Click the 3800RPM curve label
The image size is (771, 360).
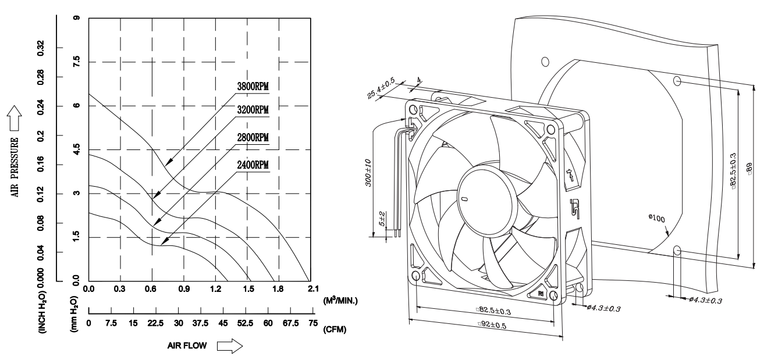(253, 87)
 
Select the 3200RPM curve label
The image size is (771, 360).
(253, 111)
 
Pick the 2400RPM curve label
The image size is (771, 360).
(253, 165)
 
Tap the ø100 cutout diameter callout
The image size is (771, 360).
(656, 217)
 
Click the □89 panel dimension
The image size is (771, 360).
(765, 172)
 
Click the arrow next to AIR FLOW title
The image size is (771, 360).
(229, 346)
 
